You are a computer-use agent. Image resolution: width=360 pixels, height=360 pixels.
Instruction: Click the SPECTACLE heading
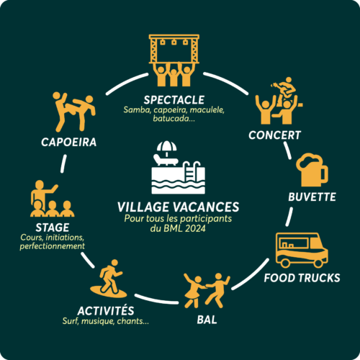point(174,100)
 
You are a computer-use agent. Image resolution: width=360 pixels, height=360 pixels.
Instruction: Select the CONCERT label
point(274,135)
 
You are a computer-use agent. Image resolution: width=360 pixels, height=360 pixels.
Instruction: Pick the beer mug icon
point(312,170)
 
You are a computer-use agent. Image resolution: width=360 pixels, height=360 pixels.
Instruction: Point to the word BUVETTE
point(312,197)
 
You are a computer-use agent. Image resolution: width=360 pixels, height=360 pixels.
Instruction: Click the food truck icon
point(302,250)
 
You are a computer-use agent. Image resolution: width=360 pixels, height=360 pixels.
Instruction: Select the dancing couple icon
point(207,290)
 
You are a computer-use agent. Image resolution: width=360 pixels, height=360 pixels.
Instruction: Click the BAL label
point(207,320)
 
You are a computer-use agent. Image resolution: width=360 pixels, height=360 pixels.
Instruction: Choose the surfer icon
point(109,279)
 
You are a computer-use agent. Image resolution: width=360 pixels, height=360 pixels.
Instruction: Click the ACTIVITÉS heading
point(106,310)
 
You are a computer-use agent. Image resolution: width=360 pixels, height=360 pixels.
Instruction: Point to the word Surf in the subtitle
point(71,321)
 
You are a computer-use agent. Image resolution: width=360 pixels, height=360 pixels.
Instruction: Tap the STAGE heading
point(53,228)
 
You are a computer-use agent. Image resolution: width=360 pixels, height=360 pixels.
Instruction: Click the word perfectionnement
point(53,246)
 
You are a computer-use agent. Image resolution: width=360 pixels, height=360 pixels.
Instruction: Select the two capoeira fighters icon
point(74,112)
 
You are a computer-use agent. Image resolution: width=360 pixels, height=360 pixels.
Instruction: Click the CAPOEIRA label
point(69,142)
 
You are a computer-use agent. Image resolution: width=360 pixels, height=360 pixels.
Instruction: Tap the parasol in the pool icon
point(166,148)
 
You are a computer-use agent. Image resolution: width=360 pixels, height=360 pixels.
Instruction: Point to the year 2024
point(195,228)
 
